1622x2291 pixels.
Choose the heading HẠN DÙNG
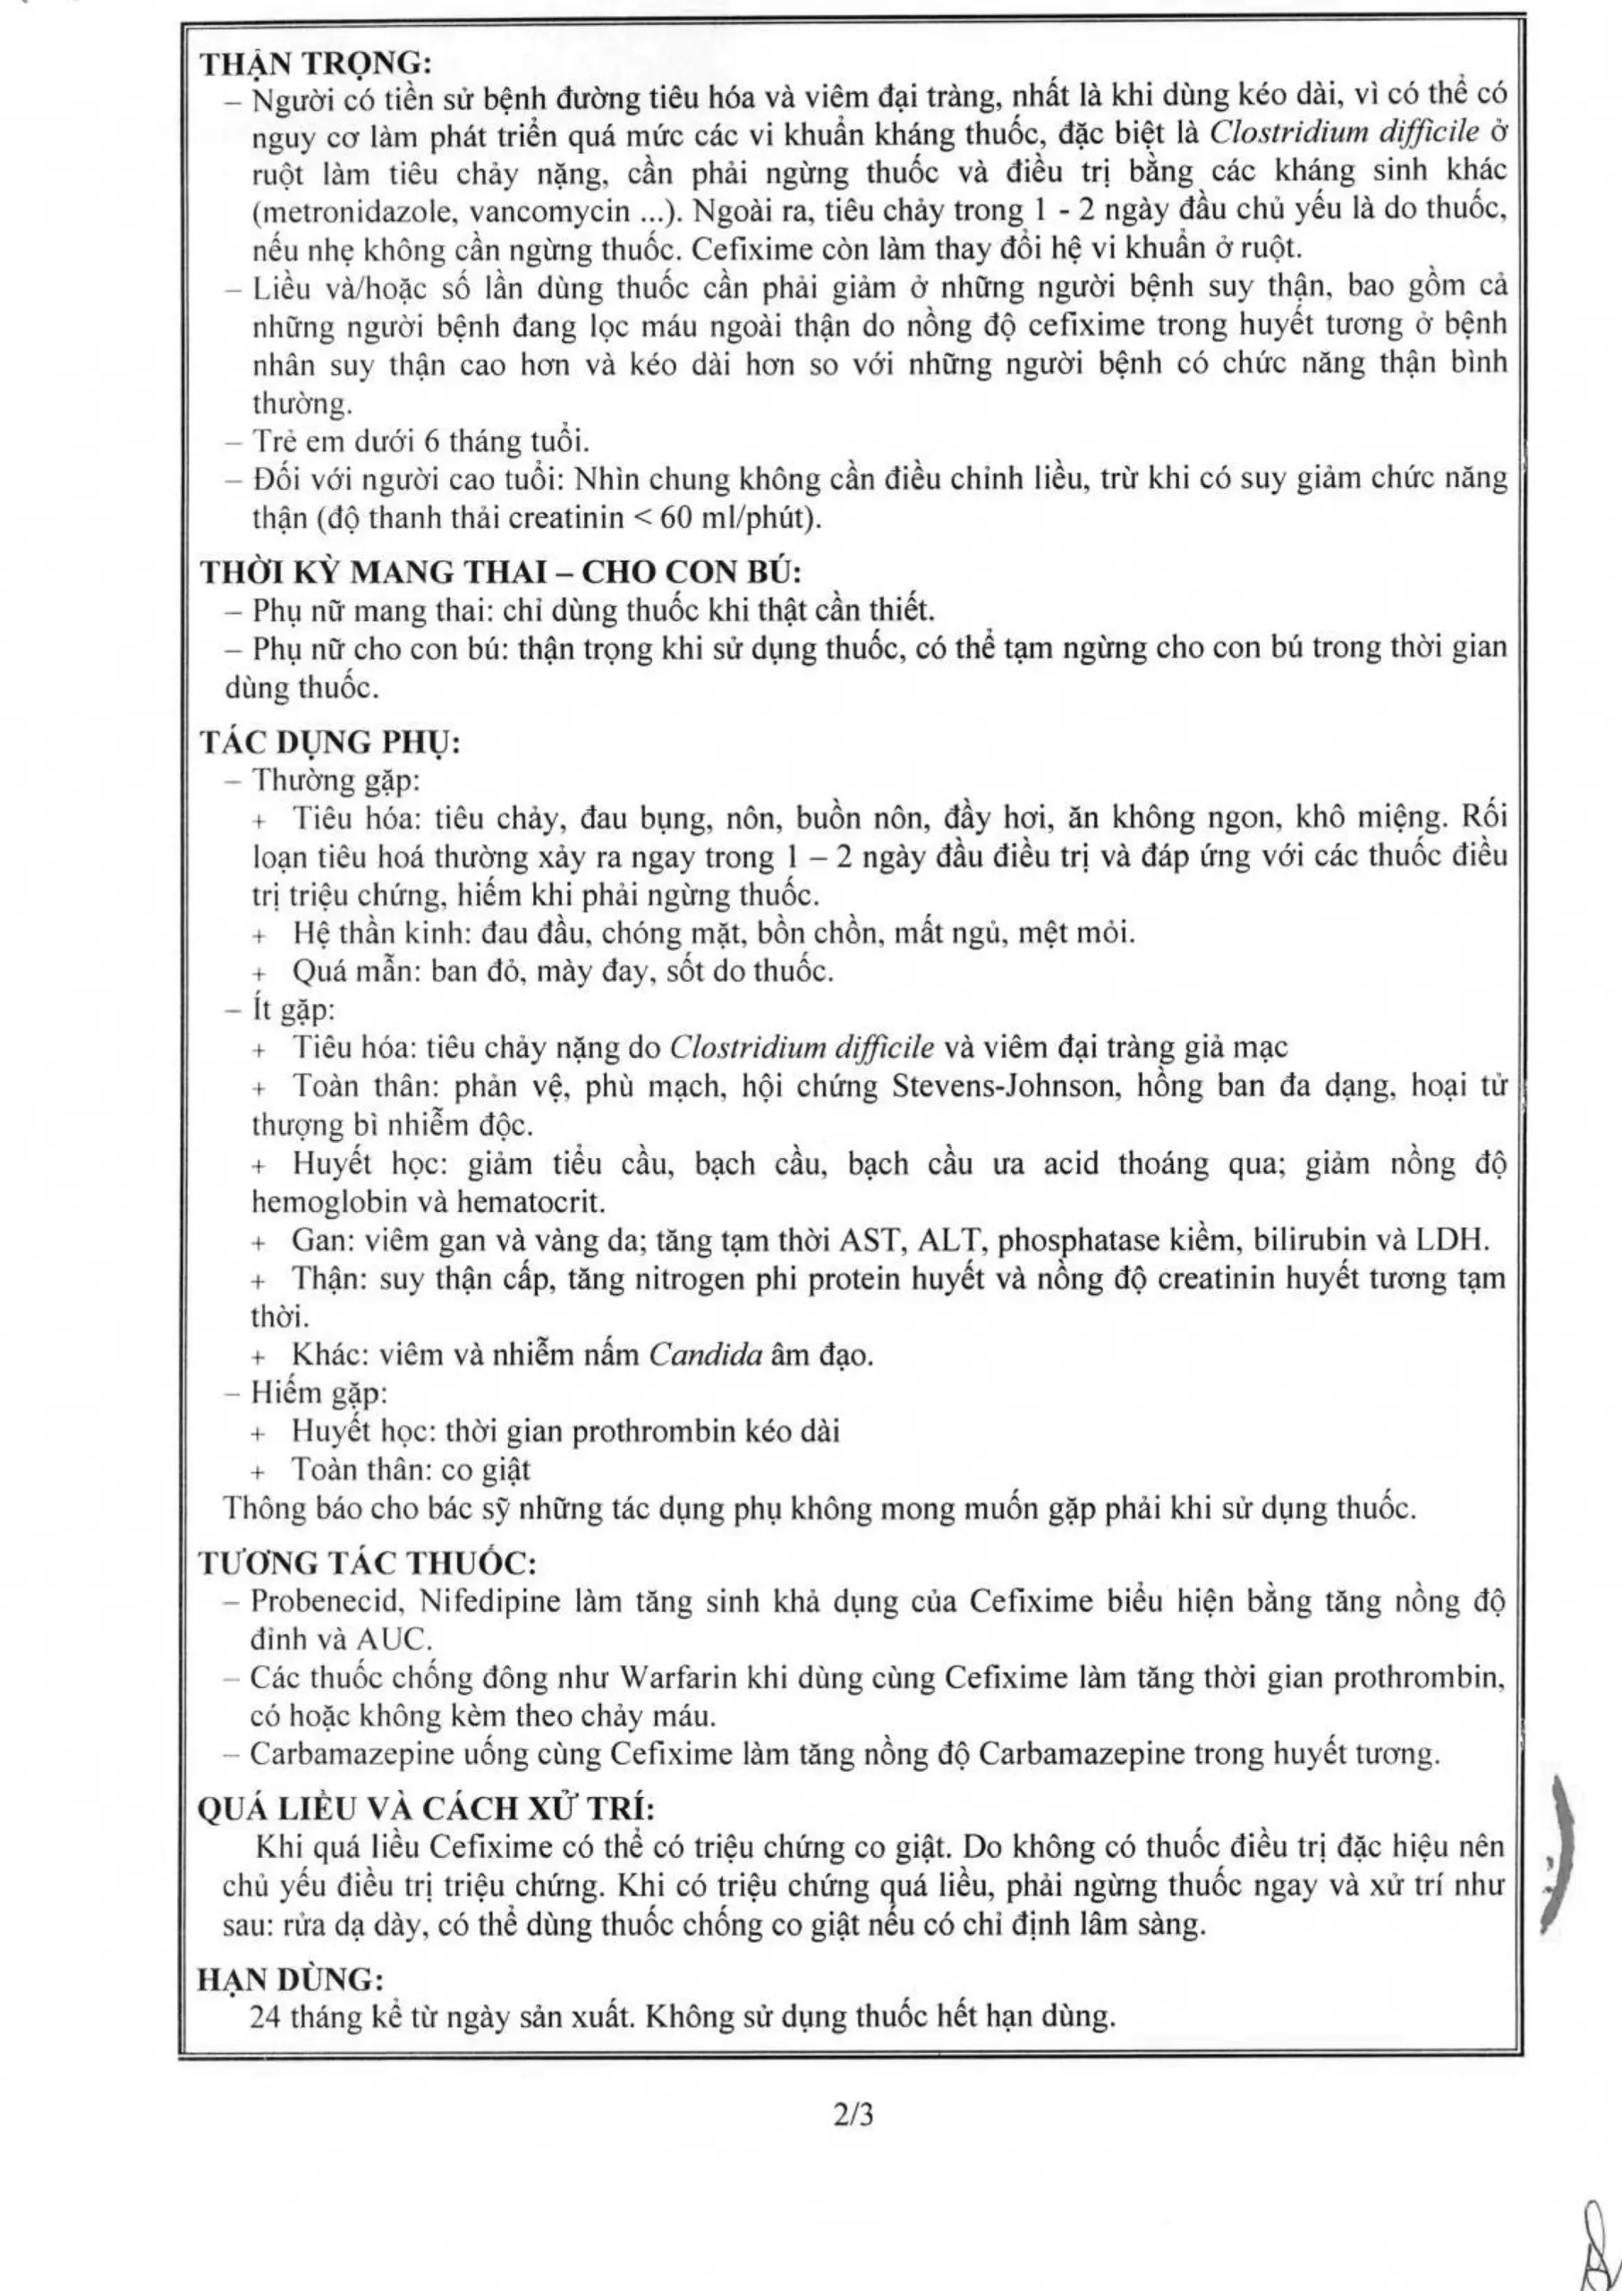click(x=291, y=1979)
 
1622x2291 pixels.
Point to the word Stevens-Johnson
click(x=1002, y=1086)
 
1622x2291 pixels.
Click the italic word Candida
click(x=706, y=1356)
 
